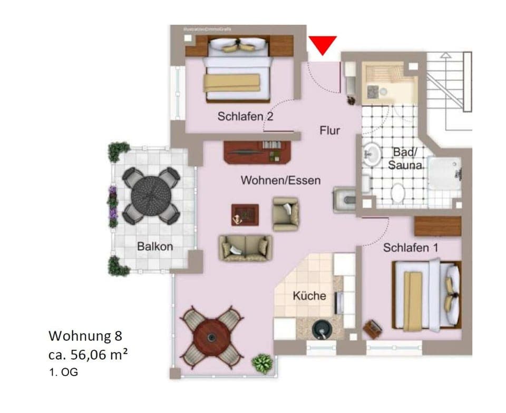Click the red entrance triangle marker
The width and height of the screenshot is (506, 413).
(x=322, y=45)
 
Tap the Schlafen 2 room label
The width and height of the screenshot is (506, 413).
(x=245, y=116)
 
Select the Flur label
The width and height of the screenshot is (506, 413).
(x=330, y=130)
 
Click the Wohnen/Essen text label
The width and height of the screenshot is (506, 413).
(x=280, y=180)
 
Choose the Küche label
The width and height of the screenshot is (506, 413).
(x=309, y=296)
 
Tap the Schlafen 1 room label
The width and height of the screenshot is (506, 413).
(x=411, y=248)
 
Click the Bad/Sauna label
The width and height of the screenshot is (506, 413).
(x=405, y=158)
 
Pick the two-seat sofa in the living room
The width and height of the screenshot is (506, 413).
(x=246, y=248)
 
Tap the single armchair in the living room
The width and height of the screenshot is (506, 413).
(x=285, y=214)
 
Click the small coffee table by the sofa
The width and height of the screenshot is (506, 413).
(x=245, y=214)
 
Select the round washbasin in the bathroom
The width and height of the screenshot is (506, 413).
(x=373, y=154)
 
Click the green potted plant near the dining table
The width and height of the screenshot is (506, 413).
(x=262, y=363)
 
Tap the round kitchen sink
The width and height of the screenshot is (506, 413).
(x=322, y=329)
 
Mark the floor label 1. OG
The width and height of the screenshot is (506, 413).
(x=63, y=372)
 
